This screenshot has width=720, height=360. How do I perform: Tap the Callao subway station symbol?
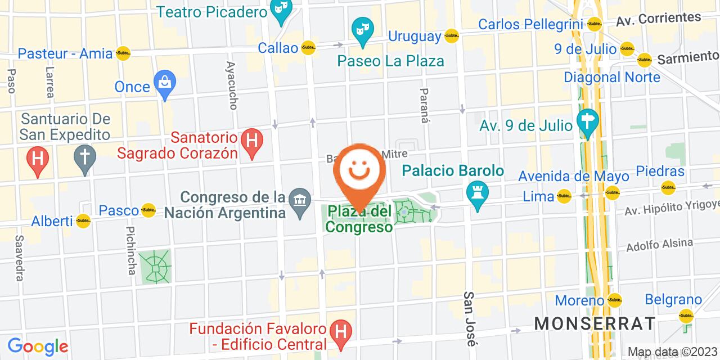[x=308, y=48]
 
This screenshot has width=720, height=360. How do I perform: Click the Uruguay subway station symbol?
[x=451, y=37]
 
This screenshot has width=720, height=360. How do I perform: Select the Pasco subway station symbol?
[x=148, y=210]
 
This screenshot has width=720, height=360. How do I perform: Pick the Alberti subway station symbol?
[x=83, y=220]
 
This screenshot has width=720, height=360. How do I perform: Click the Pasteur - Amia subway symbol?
[x=123, y=54]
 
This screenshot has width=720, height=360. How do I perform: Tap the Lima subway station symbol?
[x=564, y=196]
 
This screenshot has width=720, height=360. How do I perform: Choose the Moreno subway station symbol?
[x=615, y=300]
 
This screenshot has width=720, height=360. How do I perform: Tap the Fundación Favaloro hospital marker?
[x=340, y=330]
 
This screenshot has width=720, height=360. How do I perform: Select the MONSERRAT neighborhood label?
[x=595, y=323]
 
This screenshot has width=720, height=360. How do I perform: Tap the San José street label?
[x=469, y=318]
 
